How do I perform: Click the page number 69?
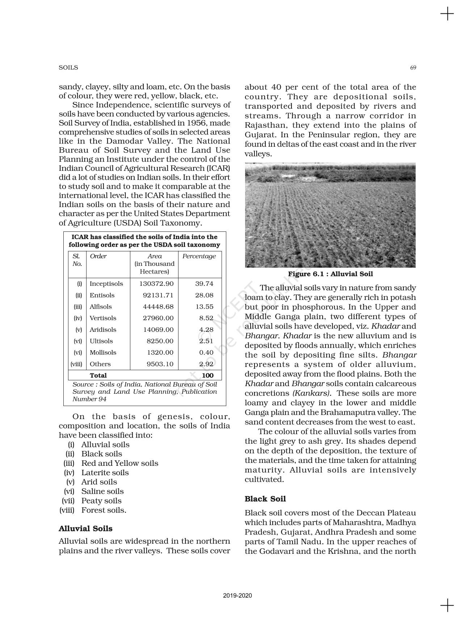(413, 68)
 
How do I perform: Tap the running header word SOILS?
(68, 68)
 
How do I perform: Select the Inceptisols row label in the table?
(106, 284)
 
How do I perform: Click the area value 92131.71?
(158, 296)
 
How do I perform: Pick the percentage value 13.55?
(204, 307)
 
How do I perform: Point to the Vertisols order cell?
(103, 318)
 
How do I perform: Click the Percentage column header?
(199, 256)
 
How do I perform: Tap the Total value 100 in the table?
(207, 376)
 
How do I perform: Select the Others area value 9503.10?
(160, 364)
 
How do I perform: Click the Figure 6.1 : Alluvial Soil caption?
(330, 274)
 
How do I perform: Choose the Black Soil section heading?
(265, 499)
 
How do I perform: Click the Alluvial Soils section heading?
(85, 529)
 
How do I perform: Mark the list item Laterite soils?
(105, 473)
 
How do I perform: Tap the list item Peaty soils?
(101, 501)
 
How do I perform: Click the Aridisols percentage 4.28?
(206, 330)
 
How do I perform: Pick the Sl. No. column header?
(77, 260)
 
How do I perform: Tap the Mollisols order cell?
(103, 353)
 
